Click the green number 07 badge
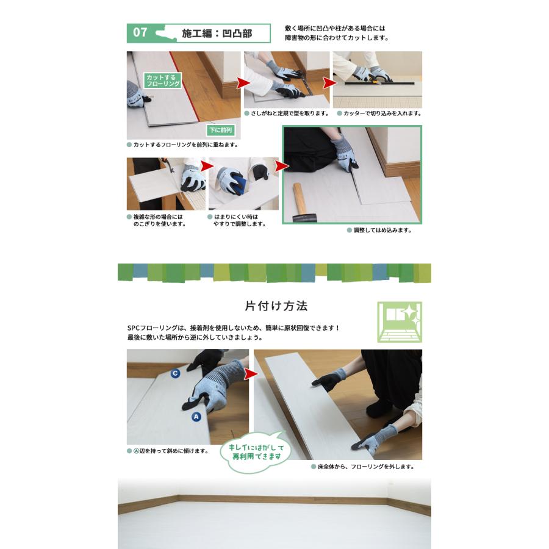140,32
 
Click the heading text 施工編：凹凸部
217,33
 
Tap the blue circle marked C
175,373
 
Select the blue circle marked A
196,417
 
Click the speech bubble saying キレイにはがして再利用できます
256,451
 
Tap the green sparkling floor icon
400,321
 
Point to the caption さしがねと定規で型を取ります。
287,113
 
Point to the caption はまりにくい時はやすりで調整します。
237,220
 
